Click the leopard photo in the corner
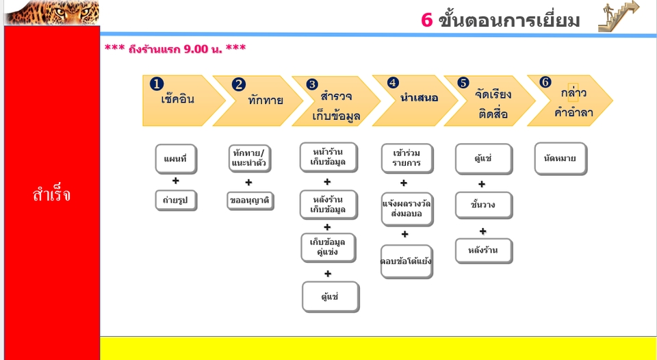[x=51, y=12]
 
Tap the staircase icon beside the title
[x=618, y=16]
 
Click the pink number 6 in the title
[x=427, y=21]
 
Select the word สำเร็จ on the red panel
[x=51, y=195]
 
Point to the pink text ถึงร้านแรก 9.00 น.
[x=175, y=49]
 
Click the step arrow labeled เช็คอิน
[x=181, y=101]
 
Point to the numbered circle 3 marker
[x=312, y=84]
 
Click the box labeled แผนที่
[x=175, y=159]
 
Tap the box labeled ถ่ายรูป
[x=176, y=200]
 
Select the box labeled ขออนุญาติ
[x=250, y=201]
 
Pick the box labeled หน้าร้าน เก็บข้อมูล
[x=328, y=157]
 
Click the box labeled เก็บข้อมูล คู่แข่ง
[x=328, y=247]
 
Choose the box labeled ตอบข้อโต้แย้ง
[x=406, y=261]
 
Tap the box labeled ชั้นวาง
[x=483, y=205]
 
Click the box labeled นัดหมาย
[x=560, y=159]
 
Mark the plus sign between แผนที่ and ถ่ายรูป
[x=176, y=181]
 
